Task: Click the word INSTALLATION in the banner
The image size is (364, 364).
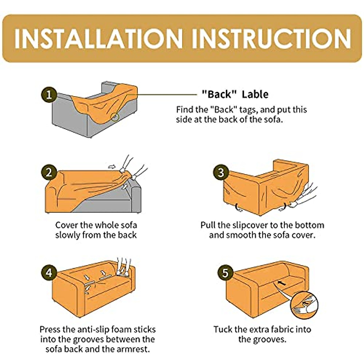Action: [99, 39]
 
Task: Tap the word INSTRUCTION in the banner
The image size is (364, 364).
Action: [271, 39]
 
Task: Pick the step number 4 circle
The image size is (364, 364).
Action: [49, 273]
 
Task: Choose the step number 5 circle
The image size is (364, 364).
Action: [225, 273]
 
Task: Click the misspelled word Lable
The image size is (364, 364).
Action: [255, 94]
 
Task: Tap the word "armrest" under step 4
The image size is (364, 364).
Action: [133, 349]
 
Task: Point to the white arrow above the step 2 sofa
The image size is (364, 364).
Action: [112, 167]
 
